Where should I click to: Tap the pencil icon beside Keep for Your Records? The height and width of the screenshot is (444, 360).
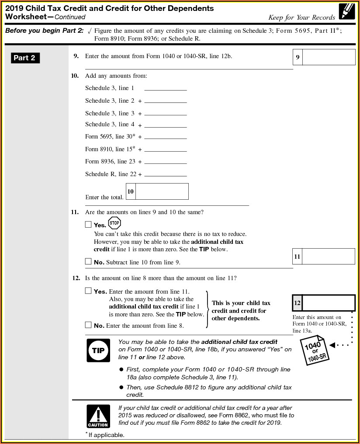click(x=346, y=12)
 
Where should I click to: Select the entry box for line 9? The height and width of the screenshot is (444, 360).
click(x=329, y=57)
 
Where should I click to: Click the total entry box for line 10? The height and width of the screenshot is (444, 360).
click(x=162, y=191)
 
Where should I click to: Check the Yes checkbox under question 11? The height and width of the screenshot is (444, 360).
click(x=89, y=225)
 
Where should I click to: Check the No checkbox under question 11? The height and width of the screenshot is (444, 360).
click(x=89, y=262)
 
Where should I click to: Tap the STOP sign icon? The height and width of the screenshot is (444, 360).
click(x=114, y=223)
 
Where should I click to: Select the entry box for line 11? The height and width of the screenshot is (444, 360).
click(x=328, y=257)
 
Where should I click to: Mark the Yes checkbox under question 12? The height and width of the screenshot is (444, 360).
click(x=89, y=291)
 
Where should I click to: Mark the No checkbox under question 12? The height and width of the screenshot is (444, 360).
click(x=89, y=325)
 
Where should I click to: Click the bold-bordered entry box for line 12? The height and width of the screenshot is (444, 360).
click(x=328, y=302)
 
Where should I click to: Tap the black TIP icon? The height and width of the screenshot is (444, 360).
click(x=98, y=350)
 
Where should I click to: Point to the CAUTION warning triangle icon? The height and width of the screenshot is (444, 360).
click(x=98, y=416)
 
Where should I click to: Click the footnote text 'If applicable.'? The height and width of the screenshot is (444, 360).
click(x=106, y=435)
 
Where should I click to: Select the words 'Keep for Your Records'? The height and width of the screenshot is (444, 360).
click(x=301, y=17)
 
